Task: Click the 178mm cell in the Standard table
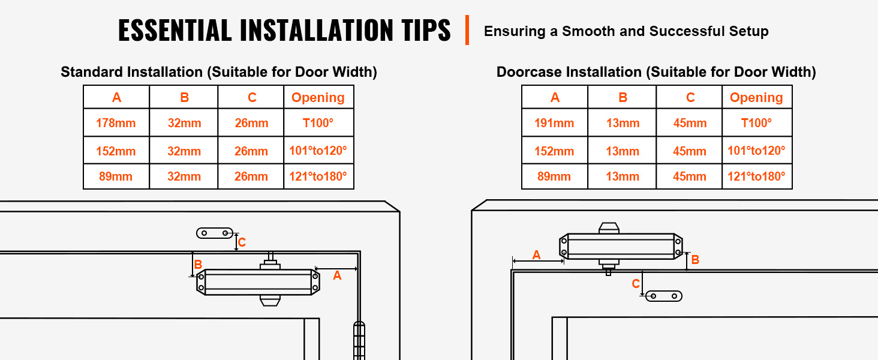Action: coord(116,123)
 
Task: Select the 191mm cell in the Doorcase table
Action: coord(554,123)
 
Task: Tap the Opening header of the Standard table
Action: coord(318,97)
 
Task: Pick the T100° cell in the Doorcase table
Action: coord(756,123)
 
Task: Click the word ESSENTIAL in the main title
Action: coord(175,30)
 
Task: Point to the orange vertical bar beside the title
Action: coord(467,30)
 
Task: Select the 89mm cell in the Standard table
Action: coord(116,176)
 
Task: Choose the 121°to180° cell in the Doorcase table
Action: coord(756,176)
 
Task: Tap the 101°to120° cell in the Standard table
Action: coord(318,151)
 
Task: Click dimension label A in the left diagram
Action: coord(337,275)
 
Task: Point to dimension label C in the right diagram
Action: coord(636,284)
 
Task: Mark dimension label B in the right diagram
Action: coord(695,260)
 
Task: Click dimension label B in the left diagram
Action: coord(198,265)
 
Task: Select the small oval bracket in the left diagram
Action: coord(215,233)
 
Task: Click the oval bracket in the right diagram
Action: coord(664,296)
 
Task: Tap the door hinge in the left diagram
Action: coord(359,340)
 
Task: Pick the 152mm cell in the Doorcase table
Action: coord(554,151)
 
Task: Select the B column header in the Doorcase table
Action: coord(623,97)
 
